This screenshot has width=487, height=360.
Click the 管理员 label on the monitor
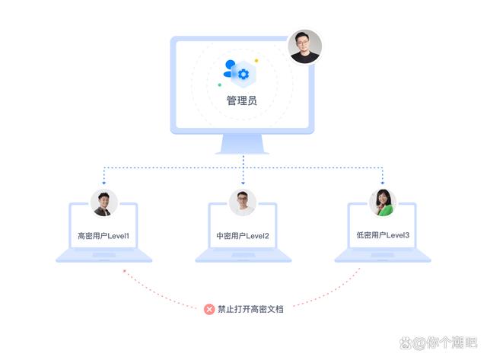pyautogui.click(x=243, y=100)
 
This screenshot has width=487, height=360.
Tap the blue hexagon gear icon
pyautogui.click(x=243, y=73)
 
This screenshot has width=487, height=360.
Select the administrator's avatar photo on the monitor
pyautogui.click(x=305, y=47)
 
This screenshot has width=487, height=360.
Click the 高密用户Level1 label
pyautogui.click(x=103, y=236)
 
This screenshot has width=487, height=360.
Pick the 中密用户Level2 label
pyautogui.click(x=243, y=236)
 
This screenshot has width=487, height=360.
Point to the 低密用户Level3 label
pyautogui.click(x=383, y=236)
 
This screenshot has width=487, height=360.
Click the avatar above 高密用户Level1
pyautogui.click(x=103, y=203)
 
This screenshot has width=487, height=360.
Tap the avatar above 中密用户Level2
pyautogui.click(x=243, y=203)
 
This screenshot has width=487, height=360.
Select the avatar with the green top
pyautogui.click(x=383, y=203)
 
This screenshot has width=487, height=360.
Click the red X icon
pyautogui.click(x=209, y=310)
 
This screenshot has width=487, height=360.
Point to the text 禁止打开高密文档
pyautogui.click(x=250, y=310)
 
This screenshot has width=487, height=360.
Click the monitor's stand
pyautogui.click(x=243, y=145)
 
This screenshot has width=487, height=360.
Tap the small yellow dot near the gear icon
pyautogui.click(x=256, y=61)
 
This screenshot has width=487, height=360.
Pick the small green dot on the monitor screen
pyautogui.click(x=220, y=84)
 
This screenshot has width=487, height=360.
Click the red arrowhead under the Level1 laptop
pyautogui.click(x=124, y=269)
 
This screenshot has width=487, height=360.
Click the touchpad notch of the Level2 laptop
pyautogui.click(x=243, y=255)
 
